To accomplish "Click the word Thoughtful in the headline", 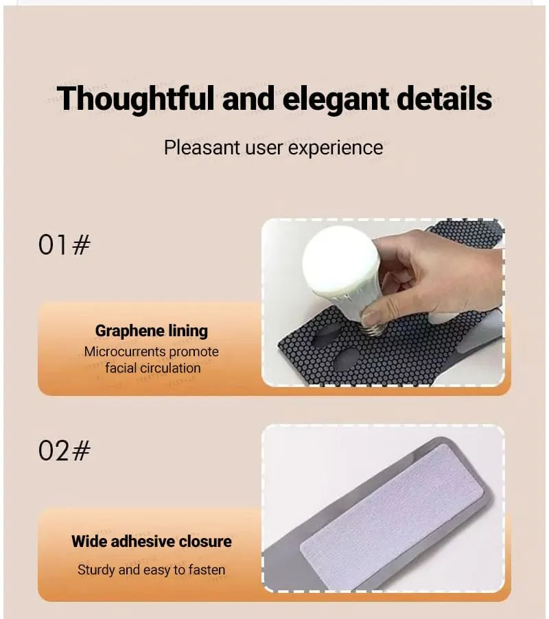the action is point(136,99).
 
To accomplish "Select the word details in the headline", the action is point(444,97).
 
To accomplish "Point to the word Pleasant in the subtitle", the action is point(202,148).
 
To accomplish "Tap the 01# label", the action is point(64,245).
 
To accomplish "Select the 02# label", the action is point(64,450).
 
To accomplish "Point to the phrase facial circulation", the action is point(153,368).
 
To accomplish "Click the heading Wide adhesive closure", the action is point(152,541).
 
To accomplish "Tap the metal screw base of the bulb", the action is point(373,327).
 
